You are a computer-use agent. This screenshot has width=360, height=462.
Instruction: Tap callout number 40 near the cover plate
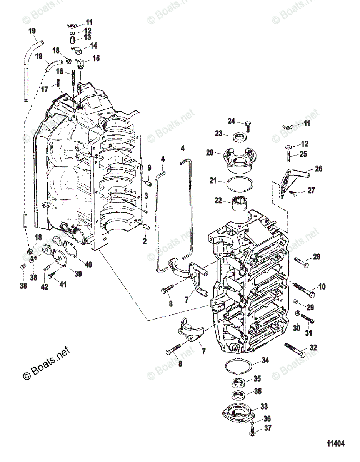coord(88,264)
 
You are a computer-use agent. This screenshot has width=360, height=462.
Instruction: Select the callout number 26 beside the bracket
coord(319,169)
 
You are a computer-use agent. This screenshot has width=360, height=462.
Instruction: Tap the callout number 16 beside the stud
coord(60,71)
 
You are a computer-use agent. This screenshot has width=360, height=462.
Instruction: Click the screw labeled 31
coord(307,320)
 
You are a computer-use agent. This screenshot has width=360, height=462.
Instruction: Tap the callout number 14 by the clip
coord(93,45)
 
